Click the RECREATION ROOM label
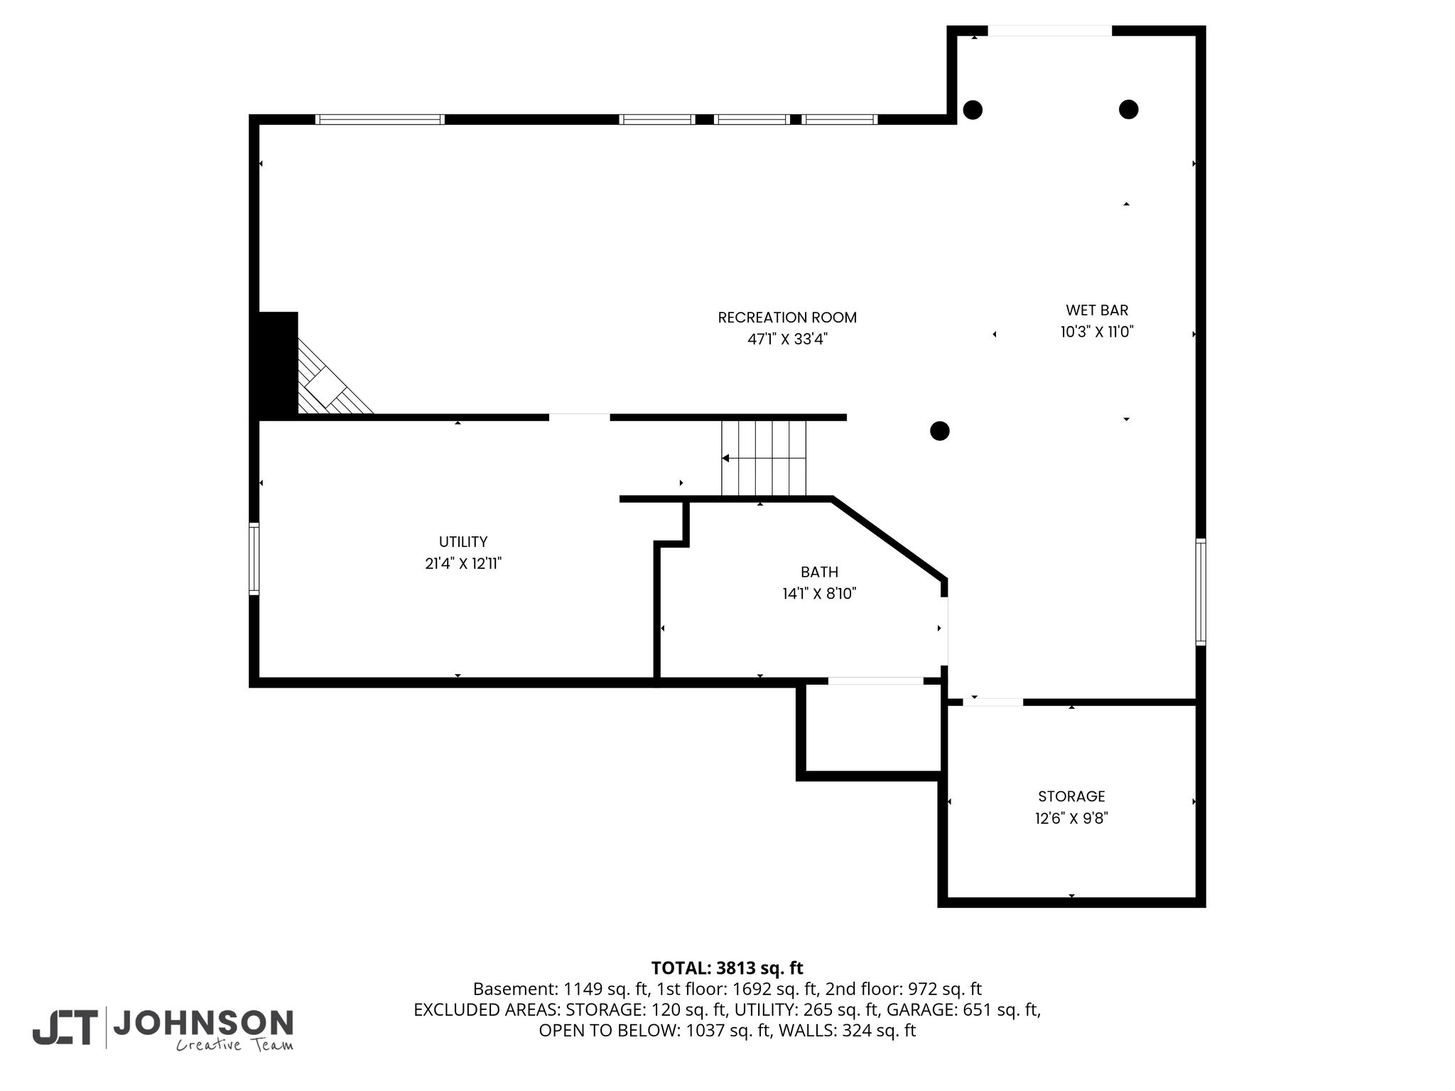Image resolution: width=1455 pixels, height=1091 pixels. tap(787, 317)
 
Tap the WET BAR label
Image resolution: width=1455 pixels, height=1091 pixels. tap(1097, 310)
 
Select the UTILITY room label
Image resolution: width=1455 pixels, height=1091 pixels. tap(463, 542)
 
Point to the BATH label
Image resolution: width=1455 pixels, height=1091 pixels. tap(819, 572)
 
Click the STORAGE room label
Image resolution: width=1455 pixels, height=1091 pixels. tap(1071, 796)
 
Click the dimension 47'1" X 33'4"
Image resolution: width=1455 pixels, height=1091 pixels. tap(787, 340)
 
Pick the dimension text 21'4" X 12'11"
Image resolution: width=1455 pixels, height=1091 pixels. tap(463, 564)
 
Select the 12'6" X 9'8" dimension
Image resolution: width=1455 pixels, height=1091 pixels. tap(1071, 818)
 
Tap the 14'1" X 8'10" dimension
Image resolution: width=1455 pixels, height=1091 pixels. tap(819, 594)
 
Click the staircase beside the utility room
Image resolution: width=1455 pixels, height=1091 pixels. tap(764, 458)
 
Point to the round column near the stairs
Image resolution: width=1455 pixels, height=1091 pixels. tap(940, 430)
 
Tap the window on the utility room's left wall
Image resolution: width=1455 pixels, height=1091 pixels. tap(254, 558)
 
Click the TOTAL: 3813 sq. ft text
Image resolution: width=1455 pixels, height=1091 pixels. tap(727, 968)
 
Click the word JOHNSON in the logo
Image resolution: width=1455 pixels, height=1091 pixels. tap(203, 1023)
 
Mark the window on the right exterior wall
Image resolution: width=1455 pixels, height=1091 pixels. tap(1201, 592)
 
